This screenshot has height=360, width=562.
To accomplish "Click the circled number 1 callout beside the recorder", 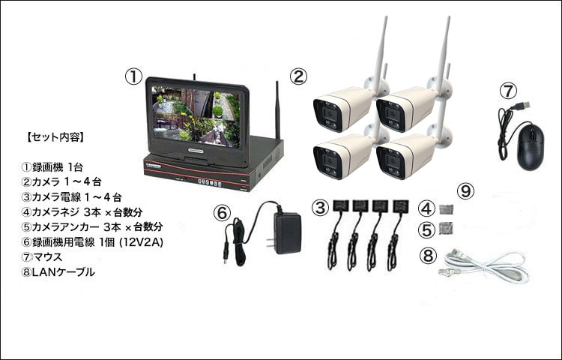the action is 133,76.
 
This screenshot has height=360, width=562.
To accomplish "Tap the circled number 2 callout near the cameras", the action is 298,76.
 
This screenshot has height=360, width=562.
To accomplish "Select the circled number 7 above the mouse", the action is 509,91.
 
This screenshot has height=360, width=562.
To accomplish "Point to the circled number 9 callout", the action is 466,191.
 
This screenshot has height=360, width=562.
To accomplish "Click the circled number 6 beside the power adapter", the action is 223,213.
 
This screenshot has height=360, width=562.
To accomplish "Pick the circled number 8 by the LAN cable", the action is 428,256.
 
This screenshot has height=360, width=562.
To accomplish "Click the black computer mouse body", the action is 531,146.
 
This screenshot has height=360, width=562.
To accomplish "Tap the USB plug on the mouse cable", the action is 522,106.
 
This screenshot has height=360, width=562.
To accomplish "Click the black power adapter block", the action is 287,233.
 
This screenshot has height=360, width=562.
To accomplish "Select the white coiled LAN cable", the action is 485,267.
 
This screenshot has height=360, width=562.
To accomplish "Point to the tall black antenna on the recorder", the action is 277,110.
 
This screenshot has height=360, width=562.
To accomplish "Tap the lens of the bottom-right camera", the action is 391,163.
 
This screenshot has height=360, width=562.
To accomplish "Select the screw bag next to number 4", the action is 447,209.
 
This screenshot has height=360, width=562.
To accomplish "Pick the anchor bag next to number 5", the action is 447,228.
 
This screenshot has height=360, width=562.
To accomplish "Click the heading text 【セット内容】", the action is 55,137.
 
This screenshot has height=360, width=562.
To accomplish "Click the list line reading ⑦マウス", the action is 42,256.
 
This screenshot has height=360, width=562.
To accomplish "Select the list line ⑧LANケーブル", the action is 58,272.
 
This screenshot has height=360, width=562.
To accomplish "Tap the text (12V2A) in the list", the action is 141,242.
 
